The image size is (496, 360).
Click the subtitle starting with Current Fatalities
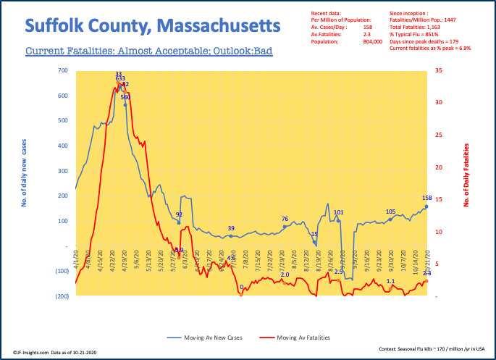148,52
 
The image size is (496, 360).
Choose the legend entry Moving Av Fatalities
304,338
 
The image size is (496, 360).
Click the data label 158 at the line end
426,198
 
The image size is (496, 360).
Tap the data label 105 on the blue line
390,212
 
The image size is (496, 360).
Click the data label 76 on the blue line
285,219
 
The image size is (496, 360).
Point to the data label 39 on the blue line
231,229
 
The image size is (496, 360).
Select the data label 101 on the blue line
338,212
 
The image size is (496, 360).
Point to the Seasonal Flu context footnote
430,348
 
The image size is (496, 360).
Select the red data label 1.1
390,281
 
